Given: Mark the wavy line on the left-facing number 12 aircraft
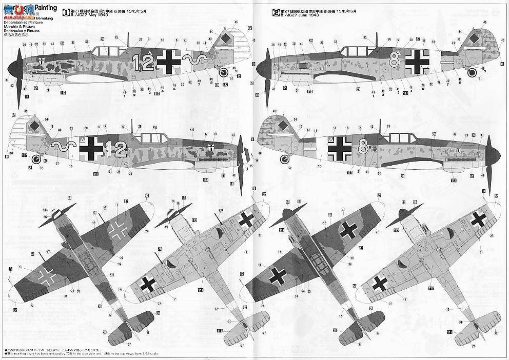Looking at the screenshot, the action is click(195, 61).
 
